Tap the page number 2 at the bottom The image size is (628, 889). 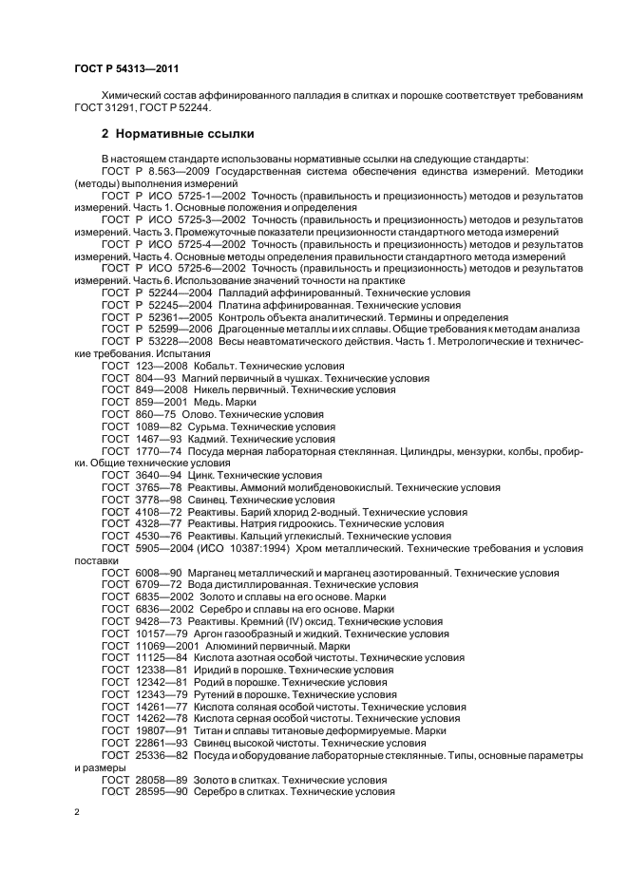78,813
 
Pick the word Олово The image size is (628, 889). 200,414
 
